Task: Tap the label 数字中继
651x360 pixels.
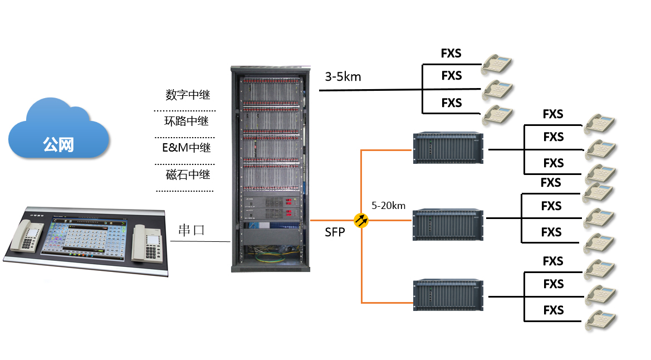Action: [x=188, y=95]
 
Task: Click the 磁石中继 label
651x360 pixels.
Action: [x=188, y=174]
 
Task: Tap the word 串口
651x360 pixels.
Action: [x=191, y=230]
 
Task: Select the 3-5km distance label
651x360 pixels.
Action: [x=343, y=76]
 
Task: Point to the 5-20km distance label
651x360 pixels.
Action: [x=388, y=206]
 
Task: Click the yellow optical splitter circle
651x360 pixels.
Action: [x=361, y=220]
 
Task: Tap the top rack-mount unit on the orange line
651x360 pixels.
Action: [x=448, y=147]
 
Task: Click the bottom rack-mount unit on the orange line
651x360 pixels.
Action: [x=448, y=294]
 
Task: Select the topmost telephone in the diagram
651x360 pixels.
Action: [x=497, y=63]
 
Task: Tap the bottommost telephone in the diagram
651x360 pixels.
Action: [x=600, y=322]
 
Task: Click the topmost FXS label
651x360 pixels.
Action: [x=451, y=53]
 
